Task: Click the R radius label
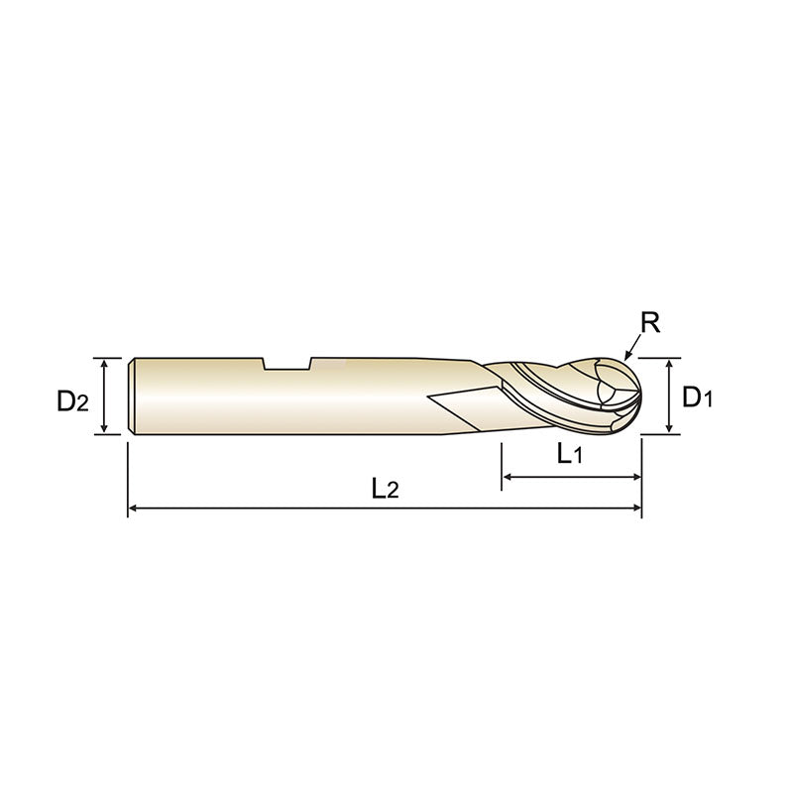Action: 650,322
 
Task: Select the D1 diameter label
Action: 698,397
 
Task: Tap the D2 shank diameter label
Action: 72,401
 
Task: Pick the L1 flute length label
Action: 569,455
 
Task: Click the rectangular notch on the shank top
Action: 287,364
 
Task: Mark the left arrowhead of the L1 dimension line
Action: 509,478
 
